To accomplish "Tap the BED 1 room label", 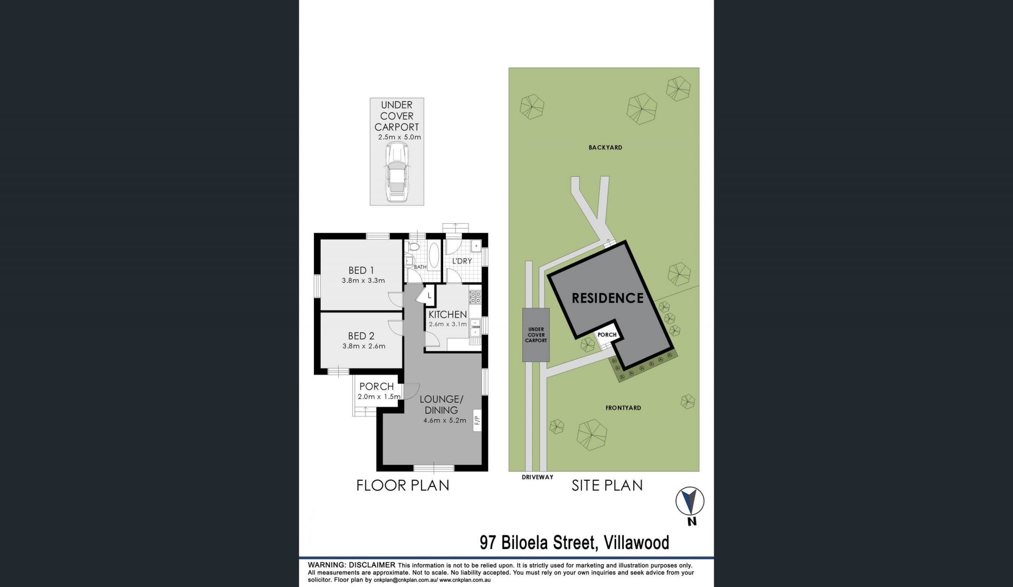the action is coord(361,270).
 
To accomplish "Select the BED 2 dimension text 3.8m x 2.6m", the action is coord(364,346).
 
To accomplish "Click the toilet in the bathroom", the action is coord(414,247).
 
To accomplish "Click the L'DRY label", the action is coord(462,261).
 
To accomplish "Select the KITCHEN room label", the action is coord(448,315).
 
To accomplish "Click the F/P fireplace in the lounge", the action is coord(477,421).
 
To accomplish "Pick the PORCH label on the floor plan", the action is coord(377,387).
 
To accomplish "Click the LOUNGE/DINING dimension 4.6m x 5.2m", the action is coord(445,421).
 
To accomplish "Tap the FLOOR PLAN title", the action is coord(403,485).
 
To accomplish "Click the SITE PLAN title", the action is coord(607,485).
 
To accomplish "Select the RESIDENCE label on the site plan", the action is coord(608,298).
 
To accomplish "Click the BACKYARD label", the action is coord(606,148).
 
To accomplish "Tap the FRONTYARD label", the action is coord(624,408).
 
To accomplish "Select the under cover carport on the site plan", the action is coord(536,335).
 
